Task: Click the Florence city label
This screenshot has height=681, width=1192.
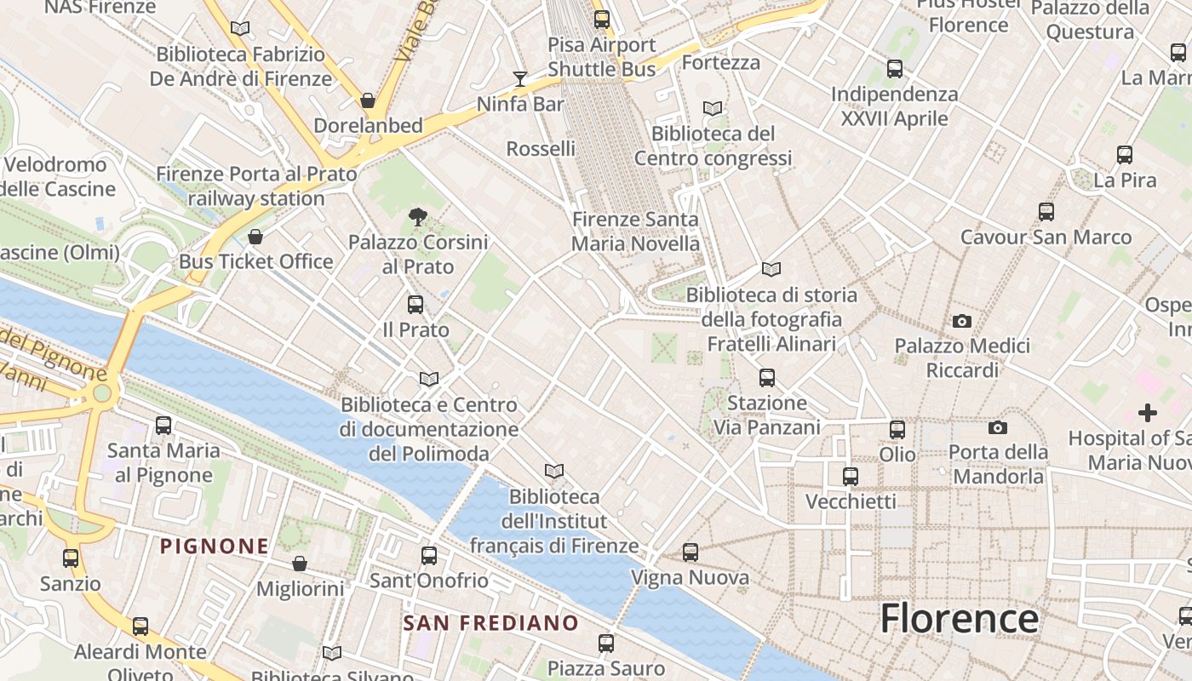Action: tap(960, 618)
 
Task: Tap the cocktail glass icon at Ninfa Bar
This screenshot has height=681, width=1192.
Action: tap(520, 79)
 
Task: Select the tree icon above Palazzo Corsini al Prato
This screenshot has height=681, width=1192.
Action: tap(417, 217)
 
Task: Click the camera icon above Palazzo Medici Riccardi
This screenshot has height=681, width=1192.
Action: tap(962, 321)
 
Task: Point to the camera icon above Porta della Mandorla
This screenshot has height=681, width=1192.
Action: tap(998, 427)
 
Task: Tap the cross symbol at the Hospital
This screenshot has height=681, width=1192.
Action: tap(1148, 414)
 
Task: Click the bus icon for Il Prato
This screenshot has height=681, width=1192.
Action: tap(415, 305)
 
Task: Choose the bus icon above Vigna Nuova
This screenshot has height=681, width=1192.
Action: tap(691, 552)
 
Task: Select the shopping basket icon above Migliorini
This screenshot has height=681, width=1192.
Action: tap(300, 564)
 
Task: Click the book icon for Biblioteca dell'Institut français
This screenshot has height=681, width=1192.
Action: tap(554, 471)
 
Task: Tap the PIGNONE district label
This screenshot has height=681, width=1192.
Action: tap(215, 546)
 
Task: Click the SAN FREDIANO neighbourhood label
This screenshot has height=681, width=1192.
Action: tap(490, 622)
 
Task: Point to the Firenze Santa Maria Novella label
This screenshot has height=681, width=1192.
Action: tap(635, 232)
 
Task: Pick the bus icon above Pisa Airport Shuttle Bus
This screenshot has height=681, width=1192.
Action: tap(602, 19)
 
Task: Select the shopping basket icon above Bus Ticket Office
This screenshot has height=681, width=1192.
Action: tap(255, 237)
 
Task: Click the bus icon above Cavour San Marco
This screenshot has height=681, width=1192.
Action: tap(1046, 212)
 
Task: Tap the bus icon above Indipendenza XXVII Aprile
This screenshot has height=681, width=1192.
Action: tap(895, 69)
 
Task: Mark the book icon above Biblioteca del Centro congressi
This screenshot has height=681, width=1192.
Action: tap(713, 109)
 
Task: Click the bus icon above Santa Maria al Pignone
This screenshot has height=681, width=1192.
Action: tap(163, 426)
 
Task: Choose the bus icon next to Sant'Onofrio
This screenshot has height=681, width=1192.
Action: tap(429, 556)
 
